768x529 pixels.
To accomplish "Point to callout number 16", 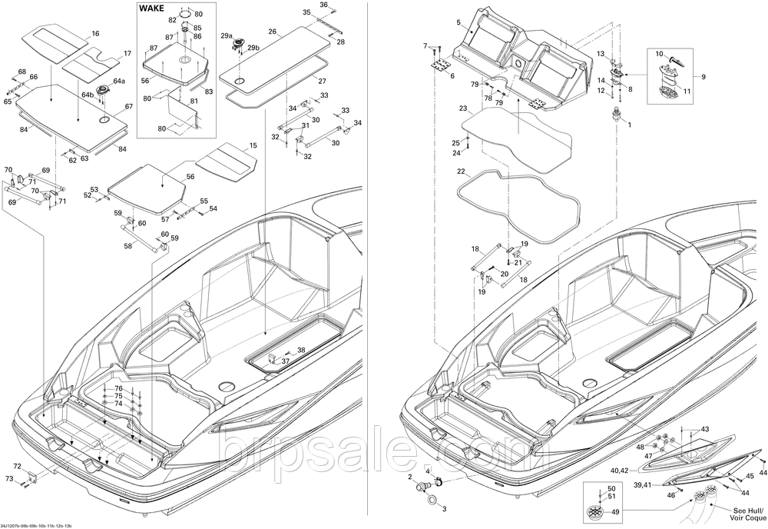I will tap(95, 34).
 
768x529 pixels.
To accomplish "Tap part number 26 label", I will tap(272, 32).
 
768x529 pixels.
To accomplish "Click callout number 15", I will tap(253, 146).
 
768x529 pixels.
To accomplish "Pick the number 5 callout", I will tap(458, 22).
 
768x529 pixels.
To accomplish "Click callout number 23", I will tap(463, 108).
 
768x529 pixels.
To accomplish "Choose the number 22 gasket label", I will tap(460, 171).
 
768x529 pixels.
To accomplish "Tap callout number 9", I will tap(703, 76).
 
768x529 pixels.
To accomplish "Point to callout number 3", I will tap(444, 508).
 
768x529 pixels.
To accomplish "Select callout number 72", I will tap(17, 467).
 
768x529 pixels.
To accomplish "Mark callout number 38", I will tap(301, 350).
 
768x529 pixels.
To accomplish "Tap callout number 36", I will tap(323, 5).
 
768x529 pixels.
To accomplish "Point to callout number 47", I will tap(648, 457).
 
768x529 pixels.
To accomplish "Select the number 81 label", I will tap(194, 101).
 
